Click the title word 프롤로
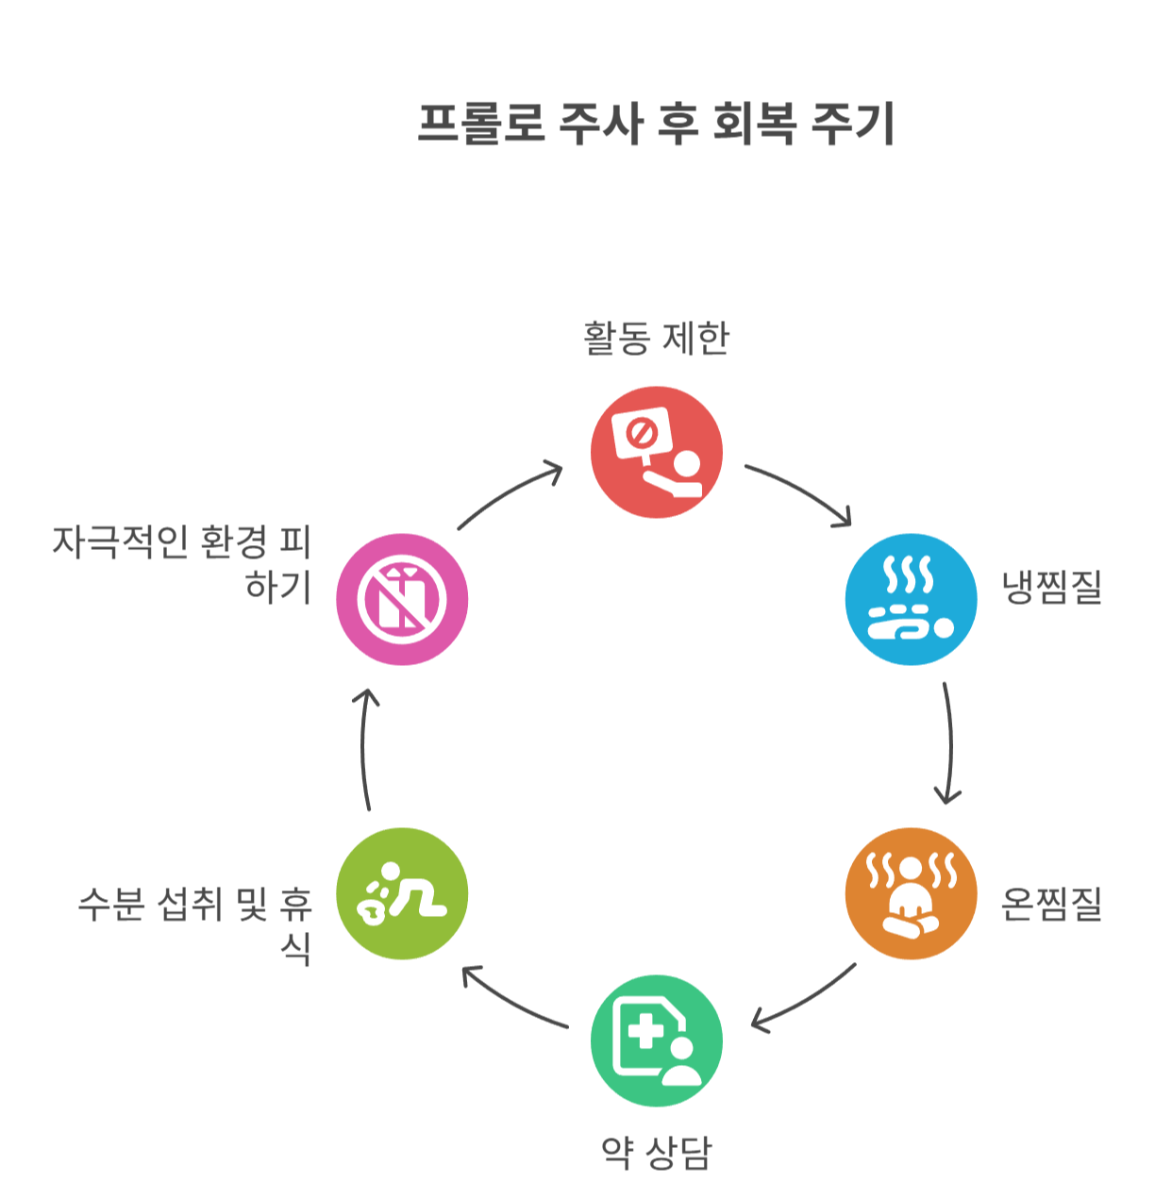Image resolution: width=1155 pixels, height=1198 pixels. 481,124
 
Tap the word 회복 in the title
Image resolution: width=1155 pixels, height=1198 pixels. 754,124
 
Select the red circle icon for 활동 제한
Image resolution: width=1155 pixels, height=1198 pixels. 657,452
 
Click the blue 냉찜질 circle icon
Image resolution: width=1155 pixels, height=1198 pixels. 911,599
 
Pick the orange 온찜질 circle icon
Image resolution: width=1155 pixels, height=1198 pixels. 911,893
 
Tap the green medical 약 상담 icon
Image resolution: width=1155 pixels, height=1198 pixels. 657,1040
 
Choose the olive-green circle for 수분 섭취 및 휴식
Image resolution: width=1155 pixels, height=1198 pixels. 402,893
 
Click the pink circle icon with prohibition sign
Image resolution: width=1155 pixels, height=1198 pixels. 402,599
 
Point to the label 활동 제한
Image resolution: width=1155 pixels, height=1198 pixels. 657,338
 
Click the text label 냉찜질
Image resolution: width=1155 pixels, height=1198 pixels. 1051,587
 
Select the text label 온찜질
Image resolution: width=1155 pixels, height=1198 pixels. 1051,904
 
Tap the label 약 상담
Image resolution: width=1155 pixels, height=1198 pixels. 657,1152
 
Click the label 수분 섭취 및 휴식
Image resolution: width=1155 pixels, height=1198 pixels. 194,925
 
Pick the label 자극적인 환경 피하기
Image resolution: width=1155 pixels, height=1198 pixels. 181,563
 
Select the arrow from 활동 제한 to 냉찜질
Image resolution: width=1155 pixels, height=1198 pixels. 800,491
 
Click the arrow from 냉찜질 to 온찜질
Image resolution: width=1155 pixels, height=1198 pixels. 947,743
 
